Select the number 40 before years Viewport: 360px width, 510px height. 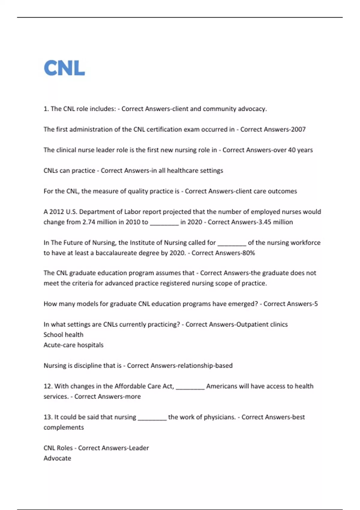(292, 150)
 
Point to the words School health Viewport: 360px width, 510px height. (63, 335)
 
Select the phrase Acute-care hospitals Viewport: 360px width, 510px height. (73, 345)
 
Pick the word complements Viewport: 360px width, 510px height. (64, 427)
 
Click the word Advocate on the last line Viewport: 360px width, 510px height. (57, 458)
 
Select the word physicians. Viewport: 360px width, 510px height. (221, 417)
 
